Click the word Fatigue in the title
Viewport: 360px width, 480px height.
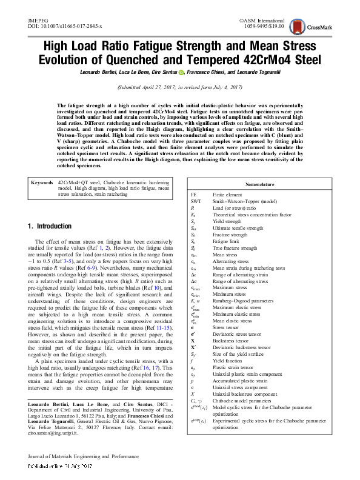[165, 47]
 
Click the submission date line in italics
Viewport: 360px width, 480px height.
[179, 88]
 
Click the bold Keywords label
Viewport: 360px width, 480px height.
[42, 181]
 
